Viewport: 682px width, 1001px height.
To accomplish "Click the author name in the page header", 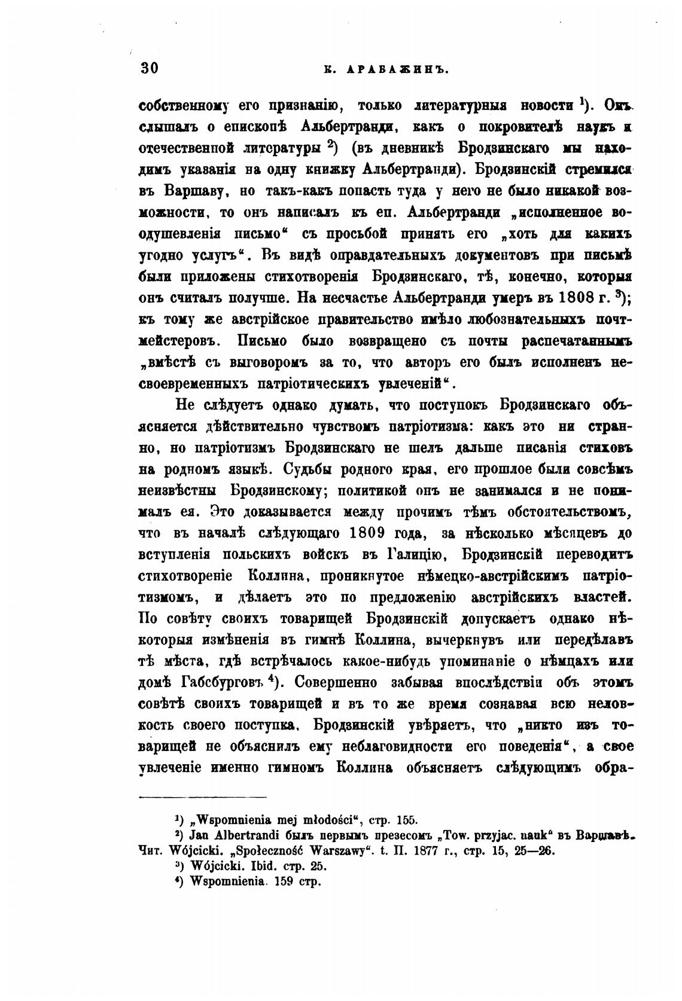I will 386,69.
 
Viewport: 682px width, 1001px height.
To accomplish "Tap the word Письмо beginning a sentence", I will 265,341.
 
